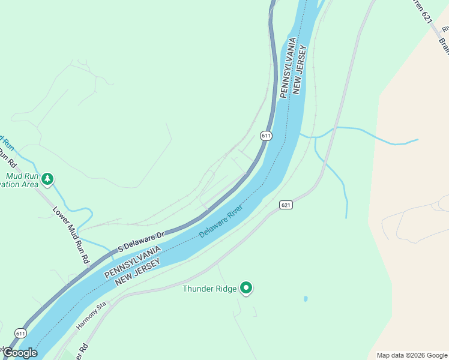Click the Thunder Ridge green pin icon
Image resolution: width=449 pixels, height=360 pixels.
[x=246, y=288]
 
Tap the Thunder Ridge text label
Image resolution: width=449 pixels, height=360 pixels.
[x=209, y=289]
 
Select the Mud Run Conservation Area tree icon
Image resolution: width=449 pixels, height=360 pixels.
[x=47, y=179]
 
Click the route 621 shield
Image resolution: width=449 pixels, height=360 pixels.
[x=286, y=205]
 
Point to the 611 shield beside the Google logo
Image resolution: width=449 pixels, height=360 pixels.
[x=21, y=333]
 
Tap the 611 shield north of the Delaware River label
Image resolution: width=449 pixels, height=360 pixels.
[x=266, y=136]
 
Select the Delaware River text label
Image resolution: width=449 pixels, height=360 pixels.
[x=221, y=221]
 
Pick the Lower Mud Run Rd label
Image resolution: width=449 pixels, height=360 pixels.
[x=71, y=236]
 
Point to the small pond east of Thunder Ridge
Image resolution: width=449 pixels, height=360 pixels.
[x=306, y=298]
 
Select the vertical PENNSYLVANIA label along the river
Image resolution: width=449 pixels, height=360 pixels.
[x=287, y=67]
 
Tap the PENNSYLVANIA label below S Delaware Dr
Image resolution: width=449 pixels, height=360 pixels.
[x=132, y=261]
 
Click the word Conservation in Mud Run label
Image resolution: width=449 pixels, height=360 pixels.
[x=15, y=185]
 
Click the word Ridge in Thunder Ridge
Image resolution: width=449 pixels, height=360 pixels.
[x=226, y=289]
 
